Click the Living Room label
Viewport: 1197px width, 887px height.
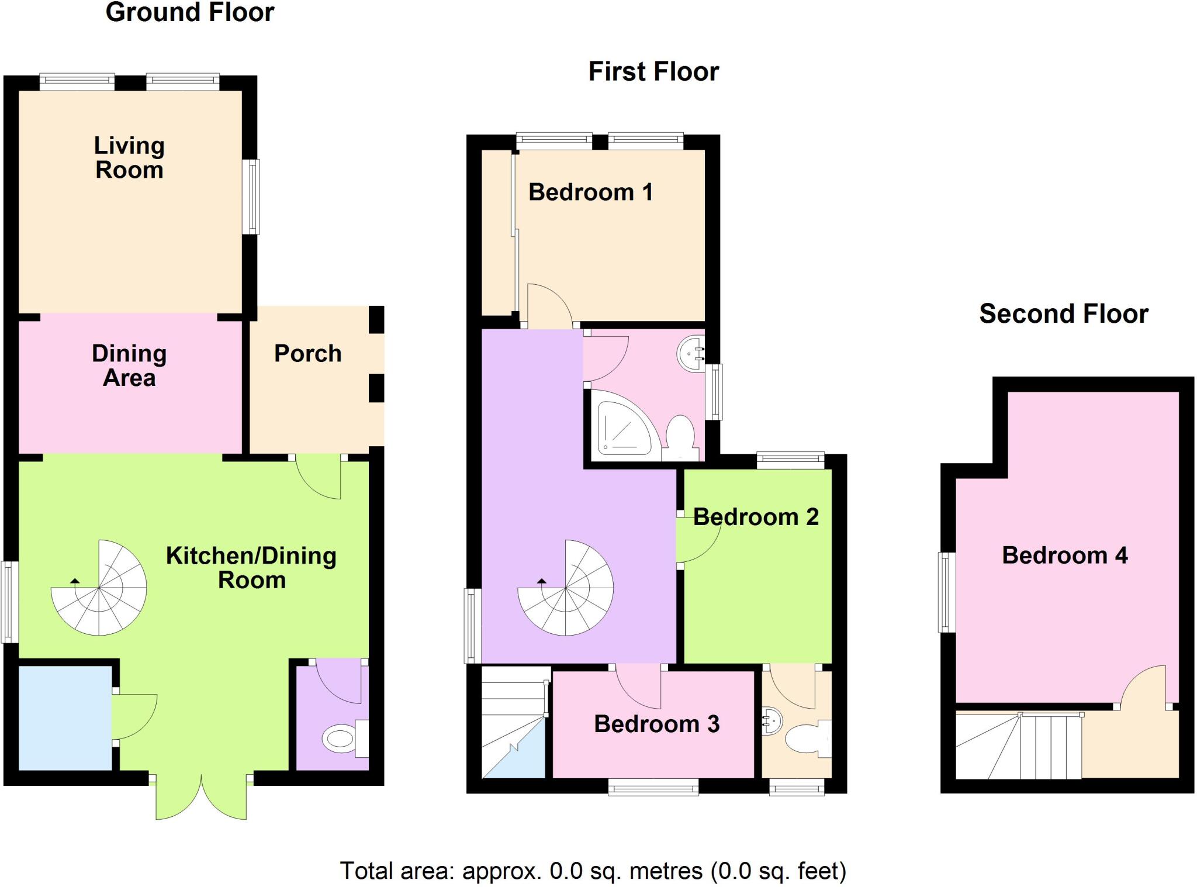pos(129,158)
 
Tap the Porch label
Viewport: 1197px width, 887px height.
pos(308,353)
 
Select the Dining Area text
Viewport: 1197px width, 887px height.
pos(129,365)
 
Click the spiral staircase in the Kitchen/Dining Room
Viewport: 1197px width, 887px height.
pos(99,588)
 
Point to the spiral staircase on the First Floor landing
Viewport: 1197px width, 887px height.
pos(565,588)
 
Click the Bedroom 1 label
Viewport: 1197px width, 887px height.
pos(590,192)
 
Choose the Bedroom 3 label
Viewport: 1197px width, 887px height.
pos(656,724)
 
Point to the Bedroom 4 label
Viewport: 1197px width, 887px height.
pos(1064,555)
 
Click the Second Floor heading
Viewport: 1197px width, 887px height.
pos(1063,314)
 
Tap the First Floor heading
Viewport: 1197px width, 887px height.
pos(653,72)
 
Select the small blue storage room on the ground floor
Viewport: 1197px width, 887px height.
pos(65,717)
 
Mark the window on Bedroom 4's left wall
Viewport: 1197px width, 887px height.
pos(946,592)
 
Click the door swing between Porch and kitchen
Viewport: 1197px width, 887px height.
pos(319,477)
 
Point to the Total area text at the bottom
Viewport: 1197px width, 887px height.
pos(593,871)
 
